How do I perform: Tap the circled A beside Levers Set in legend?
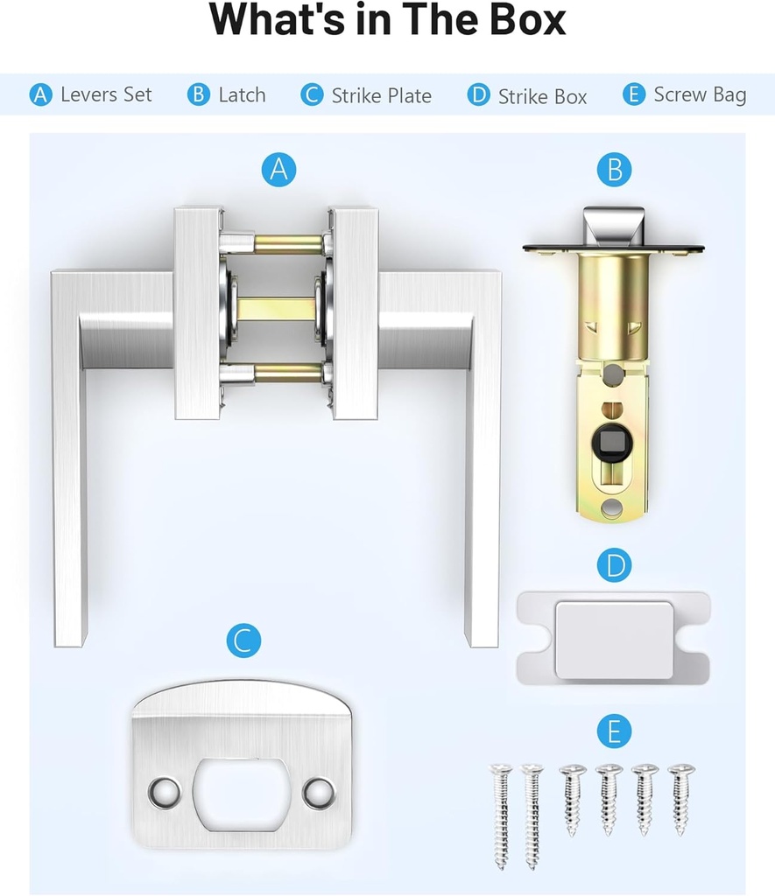[x=40, y=94]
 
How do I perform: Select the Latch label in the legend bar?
[x=242, y=95]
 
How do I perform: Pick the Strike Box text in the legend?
[x=542, y=97]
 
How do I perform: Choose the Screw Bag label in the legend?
[x=700, y=95]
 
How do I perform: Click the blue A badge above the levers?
[x=278, y=169]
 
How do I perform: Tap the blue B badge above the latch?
[x=614, y=170]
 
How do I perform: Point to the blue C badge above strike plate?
[x=243, y=641]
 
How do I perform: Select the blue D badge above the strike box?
[x=614, y=566]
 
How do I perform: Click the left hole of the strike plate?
[x=163, y=792]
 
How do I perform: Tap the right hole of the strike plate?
[x=319, y=792]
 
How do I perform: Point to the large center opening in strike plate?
[x=241, y=793]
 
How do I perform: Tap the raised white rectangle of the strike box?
[x=615, y=640]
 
